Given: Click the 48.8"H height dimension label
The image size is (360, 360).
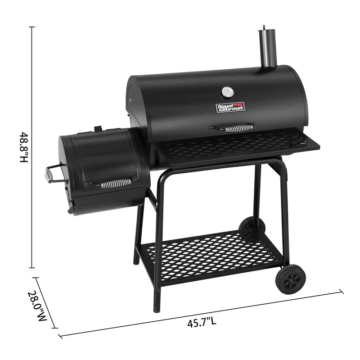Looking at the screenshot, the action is [24, 147].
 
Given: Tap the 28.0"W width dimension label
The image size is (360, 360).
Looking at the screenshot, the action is [37, 306].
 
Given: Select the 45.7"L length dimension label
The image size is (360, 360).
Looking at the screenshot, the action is [202, 322].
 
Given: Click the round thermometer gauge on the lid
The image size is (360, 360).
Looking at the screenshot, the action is [228, 92].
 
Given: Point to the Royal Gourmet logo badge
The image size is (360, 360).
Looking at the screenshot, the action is [230, 108].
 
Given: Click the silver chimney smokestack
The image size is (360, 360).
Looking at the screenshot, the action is [268, 47].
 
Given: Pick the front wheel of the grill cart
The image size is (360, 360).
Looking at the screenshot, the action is [290, 279].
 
